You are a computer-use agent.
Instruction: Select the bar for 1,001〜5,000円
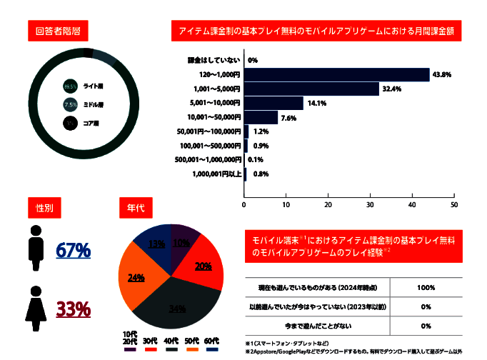point(312,89)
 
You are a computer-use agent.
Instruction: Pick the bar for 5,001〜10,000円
point(274,103)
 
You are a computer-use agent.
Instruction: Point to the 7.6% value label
point(288,117)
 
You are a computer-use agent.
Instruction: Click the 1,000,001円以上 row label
point(216,173)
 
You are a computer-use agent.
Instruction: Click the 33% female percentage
point(73,309)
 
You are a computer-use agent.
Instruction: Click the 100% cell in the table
point(426,287)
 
